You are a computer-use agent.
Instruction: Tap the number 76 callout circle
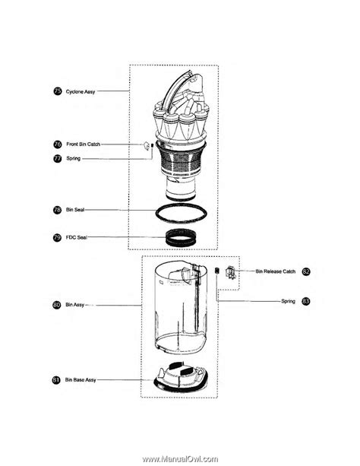[x=57, y=144]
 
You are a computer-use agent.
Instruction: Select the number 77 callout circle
[x=57, y=158]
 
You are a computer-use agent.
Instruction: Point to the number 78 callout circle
[x=57, y=209]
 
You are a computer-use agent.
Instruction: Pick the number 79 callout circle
[x=57, y=237]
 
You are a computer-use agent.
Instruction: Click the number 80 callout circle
[x=57, y=304]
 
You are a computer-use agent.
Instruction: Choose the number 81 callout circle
[x=57, y=379]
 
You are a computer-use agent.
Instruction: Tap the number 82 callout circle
[x=306, y=271]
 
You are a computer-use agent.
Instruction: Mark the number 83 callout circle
[x=306, y=301]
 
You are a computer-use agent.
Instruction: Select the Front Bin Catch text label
[x=83, y=144]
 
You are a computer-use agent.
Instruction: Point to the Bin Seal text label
[x=75, y=209]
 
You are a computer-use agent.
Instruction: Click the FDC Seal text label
[x=76, y=237]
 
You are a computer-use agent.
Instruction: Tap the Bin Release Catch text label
[x=275, y=271]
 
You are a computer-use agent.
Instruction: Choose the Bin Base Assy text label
[x=81, y=379]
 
